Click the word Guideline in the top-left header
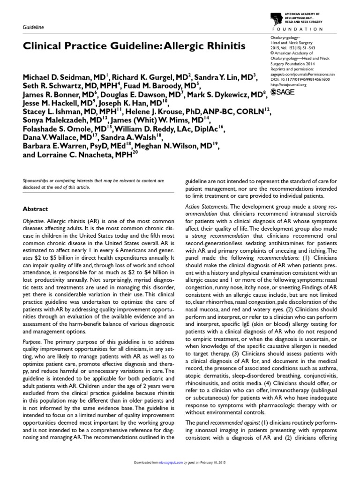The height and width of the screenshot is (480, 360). [33, 28]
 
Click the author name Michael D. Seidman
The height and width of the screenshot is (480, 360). [61, 76]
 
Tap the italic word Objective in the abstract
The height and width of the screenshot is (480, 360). [33, 220]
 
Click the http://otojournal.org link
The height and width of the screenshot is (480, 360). [289, 85]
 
